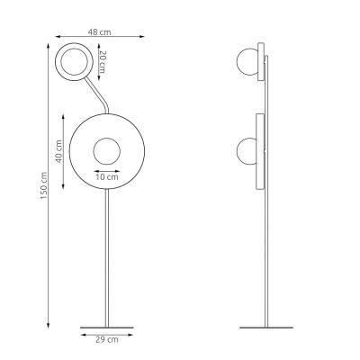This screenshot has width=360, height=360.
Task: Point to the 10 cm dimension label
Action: click(x=106, y=176)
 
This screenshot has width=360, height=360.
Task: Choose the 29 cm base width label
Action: click(x=106, y=340)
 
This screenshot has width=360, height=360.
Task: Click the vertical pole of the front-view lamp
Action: click(x=107, y=261)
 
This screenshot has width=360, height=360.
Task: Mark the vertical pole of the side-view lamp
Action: click(x=265, y=261)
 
